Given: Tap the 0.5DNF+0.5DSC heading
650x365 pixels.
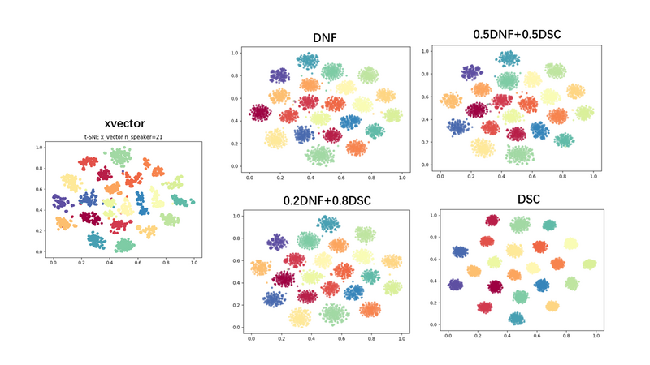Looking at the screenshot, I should [x=518, y=34].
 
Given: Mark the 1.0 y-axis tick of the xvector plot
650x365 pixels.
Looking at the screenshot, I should [x=38, y=147].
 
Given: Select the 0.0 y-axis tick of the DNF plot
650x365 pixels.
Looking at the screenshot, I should [x=235, y=166].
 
